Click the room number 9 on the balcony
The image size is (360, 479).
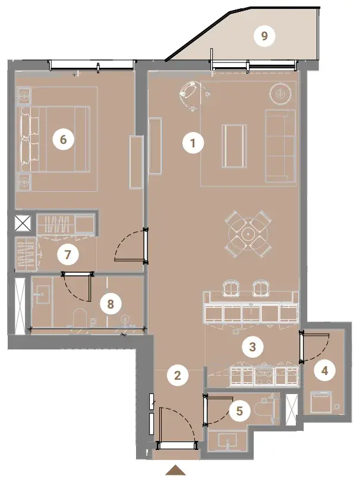(x=264, y=36)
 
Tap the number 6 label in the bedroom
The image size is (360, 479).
(x=63, y=140)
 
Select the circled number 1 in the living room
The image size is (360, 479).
(x=192, y=143)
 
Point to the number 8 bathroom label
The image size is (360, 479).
(x=110, y=304)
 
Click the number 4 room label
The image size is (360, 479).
(x=324, y=371)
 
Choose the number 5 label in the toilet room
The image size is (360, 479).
(x=239, y=411)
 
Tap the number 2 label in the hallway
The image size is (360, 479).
(x=178, y=375)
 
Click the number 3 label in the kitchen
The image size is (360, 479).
(x=252, y=346)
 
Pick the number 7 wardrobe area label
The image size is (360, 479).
(x=68, y=254)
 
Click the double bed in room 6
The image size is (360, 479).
(x=56, y=139)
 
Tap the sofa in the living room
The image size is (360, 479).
(x=280, y=146)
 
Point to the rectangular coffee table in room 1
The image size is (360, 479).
(x=234, y=146)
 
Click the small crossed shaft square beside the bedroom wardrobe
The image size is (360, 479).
(x=23, y=223)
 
